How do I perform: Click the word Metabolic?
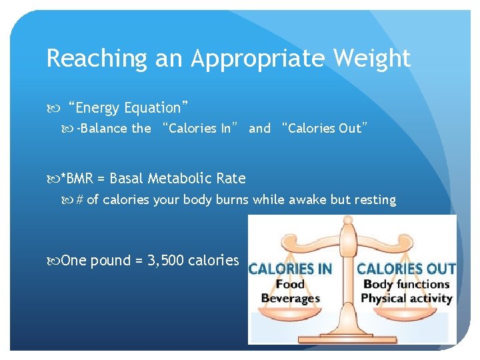tap(178, 178)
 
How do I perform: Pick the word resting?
tap(374, 199)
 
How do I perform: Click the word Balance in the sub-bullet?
tap(104, 129)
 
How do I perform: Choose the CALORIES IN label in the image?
tap(291, 269)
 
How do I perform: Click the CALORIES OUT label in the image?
tap(406, 269)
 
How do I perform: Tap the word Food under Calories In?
tap(290, 285)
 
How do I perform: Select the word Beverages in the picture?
tap(291, 299)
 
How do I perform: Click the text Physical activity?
tap(407, 299)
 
